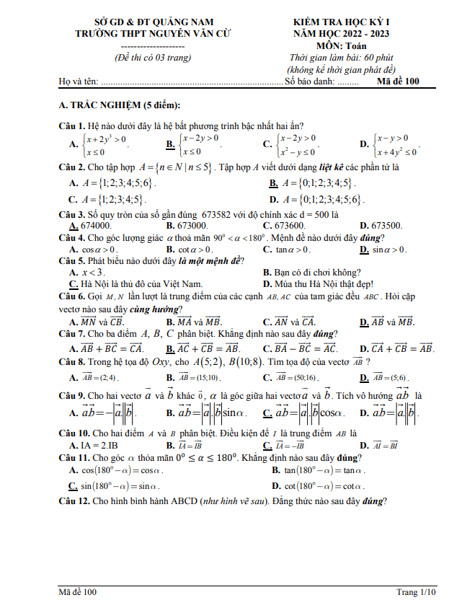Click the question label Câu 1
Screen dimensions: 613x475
(72, 126)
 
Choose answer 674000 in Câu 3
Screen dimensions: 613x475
(96, 225)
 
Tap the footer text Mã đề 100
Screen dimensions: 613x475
(78, 592)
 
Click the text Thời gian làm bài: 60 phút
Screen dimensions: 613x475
(343, 58)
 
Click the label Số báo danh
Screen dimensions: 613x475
(311, 81)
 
